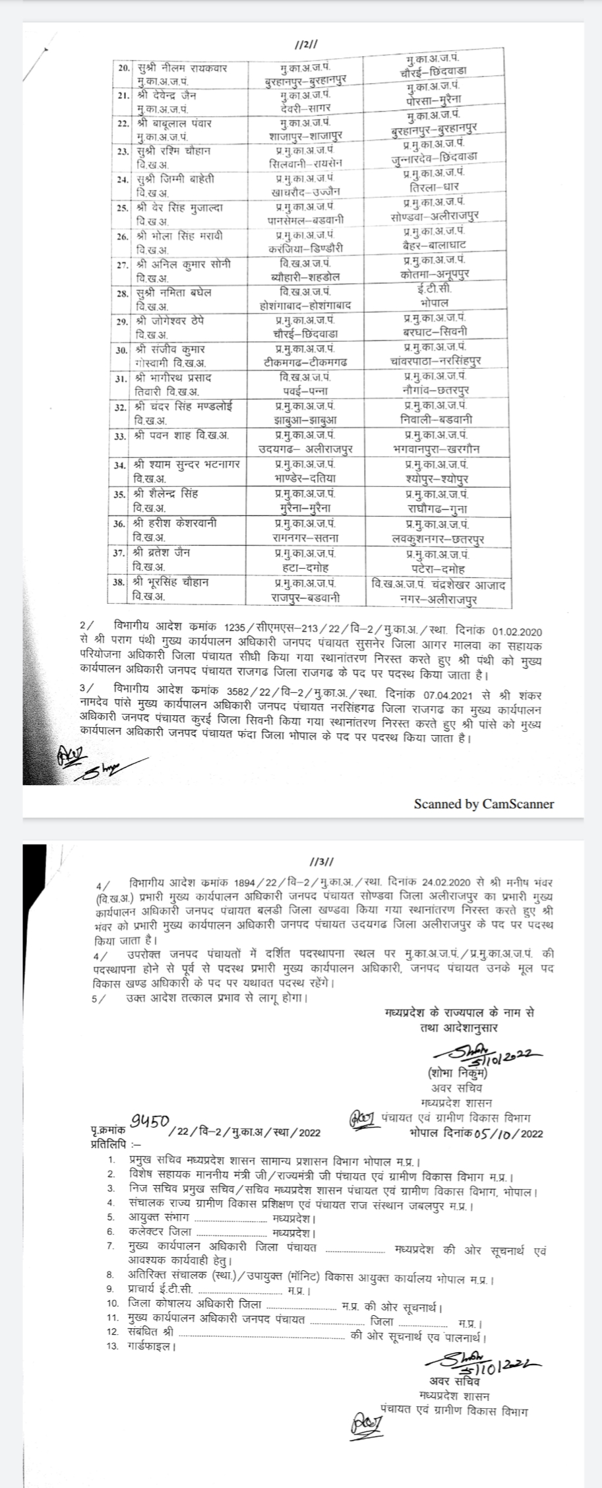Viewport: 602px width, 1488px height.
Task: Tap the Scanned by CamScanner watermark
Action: coord(484,804)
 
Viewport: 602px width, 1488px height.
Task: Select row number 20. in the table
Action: coord(122,69)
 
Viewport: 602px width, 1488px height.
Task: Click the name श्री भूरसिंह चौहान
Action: coord(174,583)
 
